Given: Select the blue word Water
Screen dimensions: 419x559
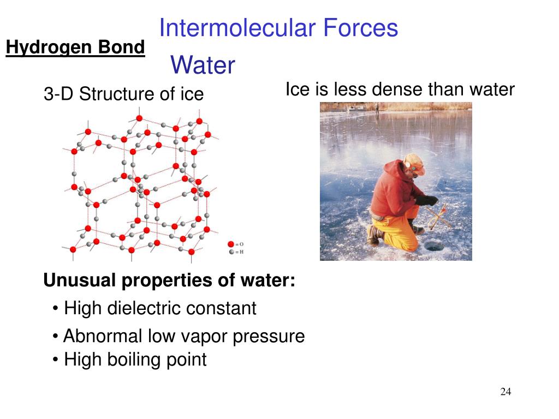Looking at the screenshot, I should click(203, 65).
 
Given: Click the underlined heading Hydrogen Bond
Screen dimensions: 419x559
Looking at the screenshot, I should click(75, 48).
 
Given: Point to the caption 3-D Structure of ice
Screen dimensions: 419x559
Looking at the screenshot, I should click(123, 94).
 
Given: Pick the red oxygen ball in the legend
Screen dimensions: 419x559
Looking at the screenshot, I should click(231, 244).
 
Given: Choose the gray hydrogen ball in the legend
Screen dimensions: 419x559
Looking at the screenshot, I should click(231, 252).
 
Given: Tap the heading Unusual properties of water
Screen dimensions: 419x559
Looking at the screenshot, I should click(169, 280).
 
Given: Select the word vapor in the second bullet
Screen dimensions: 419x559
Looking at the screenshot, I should click(205, 336).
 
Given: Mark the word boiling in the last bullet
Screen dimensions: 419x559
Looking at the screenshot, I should click(135, 360).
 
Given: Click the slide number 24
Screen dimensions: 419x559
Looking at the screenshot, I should click(506, 392).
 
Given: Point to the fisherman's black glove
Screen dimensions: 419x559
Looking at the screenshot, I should click(428, 200).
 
